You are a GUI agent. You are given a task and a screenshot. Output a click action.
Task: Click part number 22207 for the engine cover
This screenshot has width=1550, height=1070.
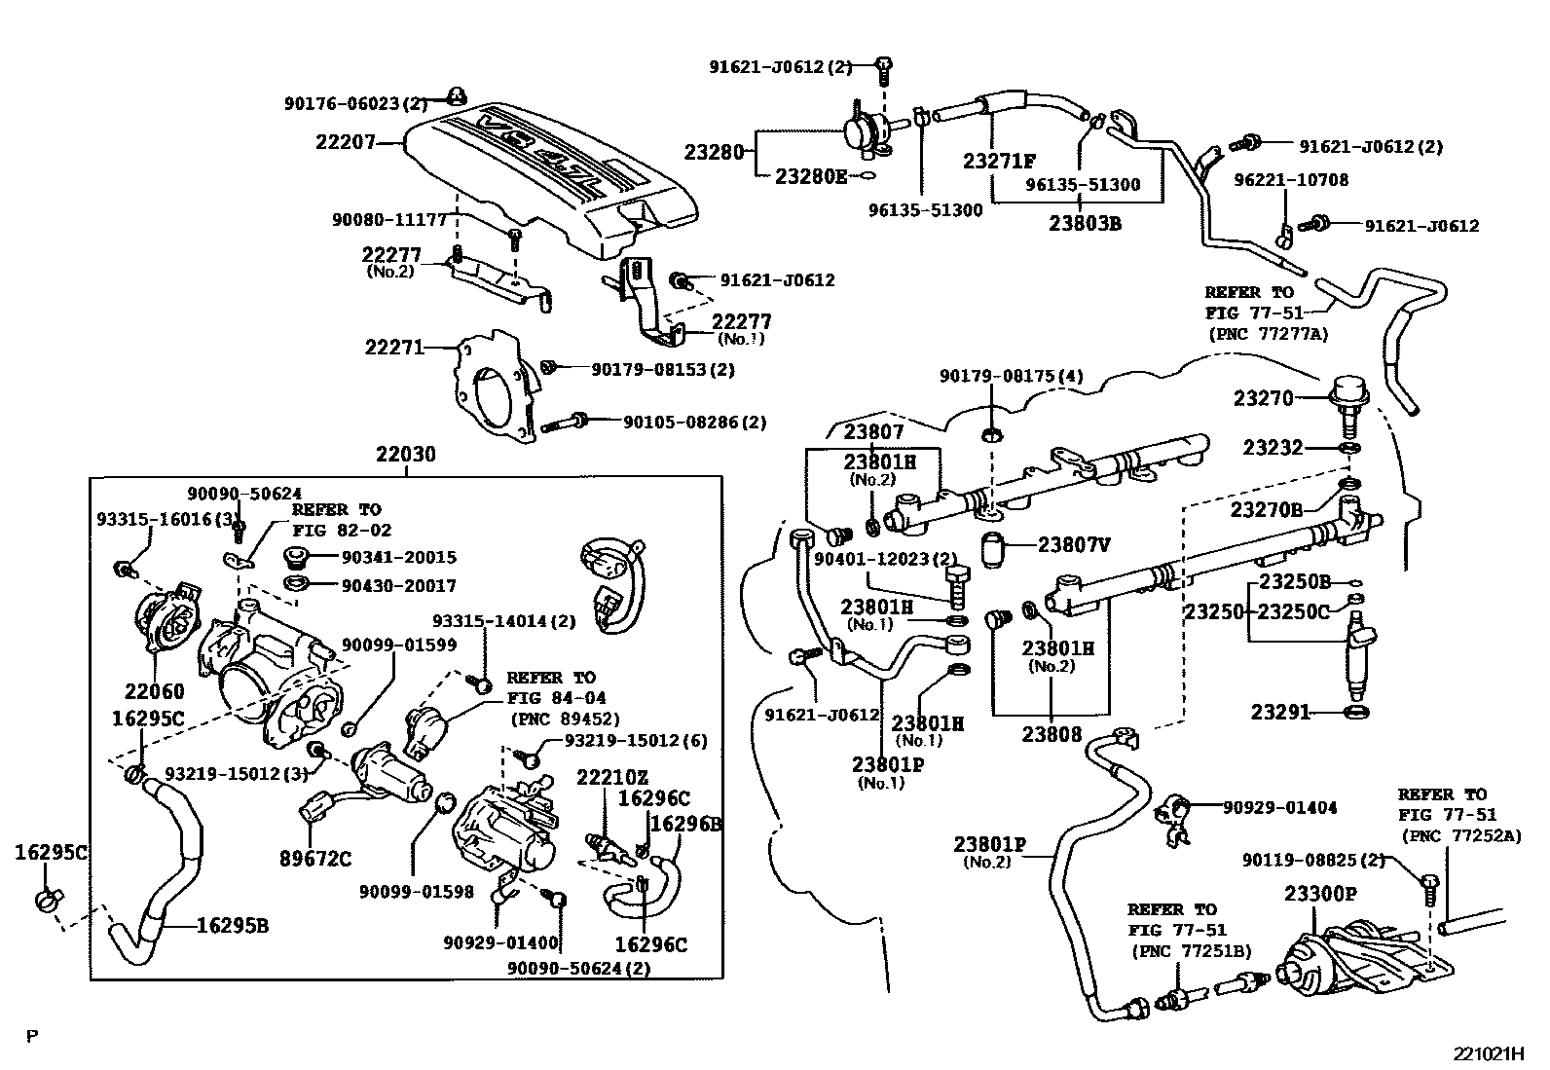[345, 142]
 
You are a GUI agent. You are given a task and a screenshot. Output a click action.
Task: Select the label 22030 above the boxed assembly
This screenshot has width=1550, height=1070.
[406, 454]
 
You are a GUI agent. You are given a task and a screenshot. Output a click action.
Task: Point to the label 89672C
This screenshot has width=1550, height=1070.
[316, 859]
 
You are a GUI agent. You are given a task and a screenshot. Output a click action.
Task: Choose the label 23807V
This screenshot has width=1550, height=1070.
[1073, 545]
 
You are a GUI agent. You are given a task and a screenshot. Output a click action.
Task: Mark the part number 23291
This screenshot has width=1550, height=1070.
[1280, 713]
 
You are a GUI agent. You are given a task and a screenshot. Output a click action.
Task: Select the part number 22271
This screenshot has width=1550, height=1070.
[394, 346]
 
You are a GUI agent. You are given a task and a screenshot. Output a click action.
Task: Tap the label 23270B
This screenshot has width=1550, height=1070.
[1267, 509]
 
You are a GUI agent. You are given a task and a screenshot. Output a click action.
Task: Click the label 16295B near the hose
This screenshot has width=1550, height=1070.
[233, 925]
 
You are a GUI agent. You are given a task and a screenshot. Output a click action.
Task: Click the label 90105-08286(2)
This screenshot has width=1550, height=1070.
[694, 423]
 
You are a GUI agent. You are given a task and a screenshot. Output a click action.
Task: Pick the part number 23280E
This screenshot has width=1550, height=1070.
[811, 176]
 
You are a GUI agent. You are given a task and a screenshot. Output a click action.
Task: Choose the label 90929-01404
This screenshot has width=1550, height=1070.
[1278, 807]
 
